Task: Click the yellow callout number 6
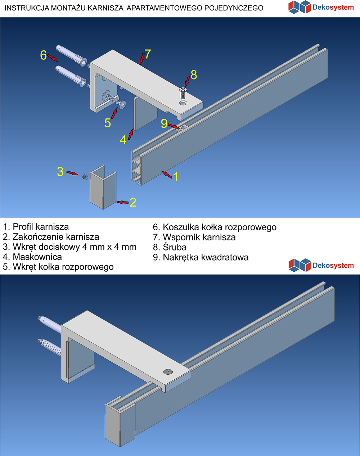click(43, 55)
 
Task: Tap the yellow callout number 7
click(148, 54)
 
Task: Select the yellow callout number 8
click(194, 75)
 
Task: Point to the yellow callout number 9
click(164, 123)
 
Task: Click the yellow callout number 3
click(60, 172)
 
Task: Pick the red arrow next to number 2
click(123, 202)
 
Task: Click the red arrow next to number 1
click(167, 175)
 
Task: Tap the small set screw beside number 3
click(85, 177)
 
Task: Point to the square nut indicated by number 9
click(184, 127)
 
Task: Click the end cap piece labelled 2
click(103, 189)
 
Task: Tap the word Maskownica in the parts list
click(37, 257)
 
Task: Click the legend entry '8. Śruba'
click(170, 247)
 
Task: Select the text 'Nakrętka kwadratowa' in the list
click(206, 257)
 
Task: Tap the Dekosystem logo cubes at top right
click(299, 7)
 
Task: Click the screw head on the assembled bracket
click(168, 371)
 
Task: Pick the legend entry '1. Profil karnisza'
click(36, 227)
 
